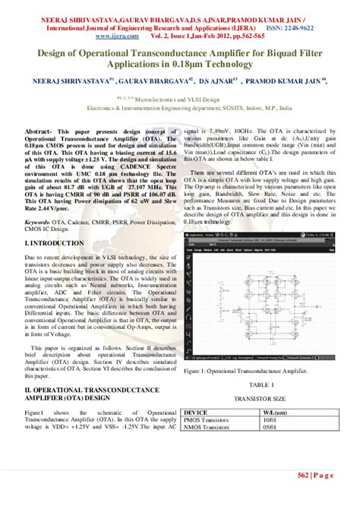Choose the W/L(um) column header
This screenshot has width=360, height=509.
269,412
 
